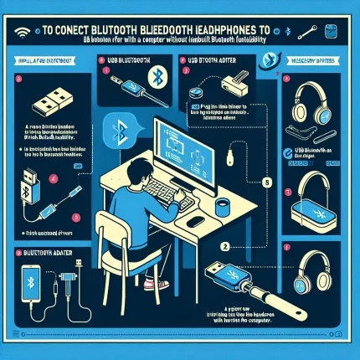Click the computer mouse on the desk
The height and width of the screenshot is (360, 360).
(196, 221)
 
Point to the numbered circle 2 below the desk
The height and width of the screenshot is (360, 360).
(224, 247)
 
